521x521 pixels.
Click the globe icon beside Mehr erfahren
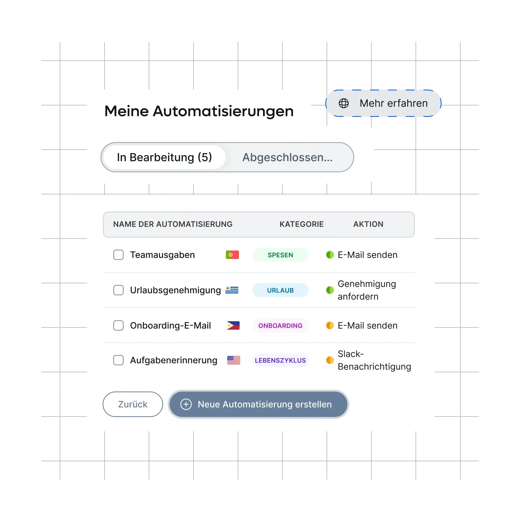click(343, 103)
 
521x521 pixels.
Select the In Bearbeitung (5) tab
click(164, 157)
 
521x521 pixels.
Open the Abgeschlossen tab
click(287, 157)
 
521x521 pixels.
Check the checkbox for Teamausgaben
click(118, 255)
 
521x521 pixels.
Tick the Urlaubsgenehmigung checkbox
click(118, 290)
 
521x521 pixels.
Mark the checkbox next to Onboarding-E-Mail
click(118, 325)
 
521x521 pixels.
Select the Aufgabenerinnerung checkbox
click(118, 360)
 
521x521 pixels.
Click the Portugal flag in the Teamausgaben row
click(232, 255)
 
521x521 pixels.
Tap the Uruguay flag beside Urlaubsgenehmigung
click(232, 290)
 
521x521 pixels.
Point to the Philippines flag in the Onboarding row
click(233, 325)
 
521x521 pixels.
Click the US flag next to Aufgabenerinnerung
click(233, 360)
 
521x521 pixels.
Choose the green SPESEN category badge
click(280, 255)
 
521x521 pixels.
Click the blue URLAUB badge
click(280, 290)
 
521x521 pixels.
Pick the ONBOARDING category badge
click(280, 326)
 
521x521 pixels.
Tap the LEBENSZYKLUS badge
click(280, 361)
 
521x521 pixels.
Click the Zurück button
click(132, 404)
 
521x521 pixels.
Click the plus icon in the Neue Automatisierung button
click(186, 404)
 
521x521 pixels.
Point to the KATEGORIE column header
click(301, 224)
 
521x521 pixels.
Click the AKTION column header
click(368, 224)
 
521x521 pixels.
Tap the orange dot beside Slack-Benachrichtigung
click(330, 360)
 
